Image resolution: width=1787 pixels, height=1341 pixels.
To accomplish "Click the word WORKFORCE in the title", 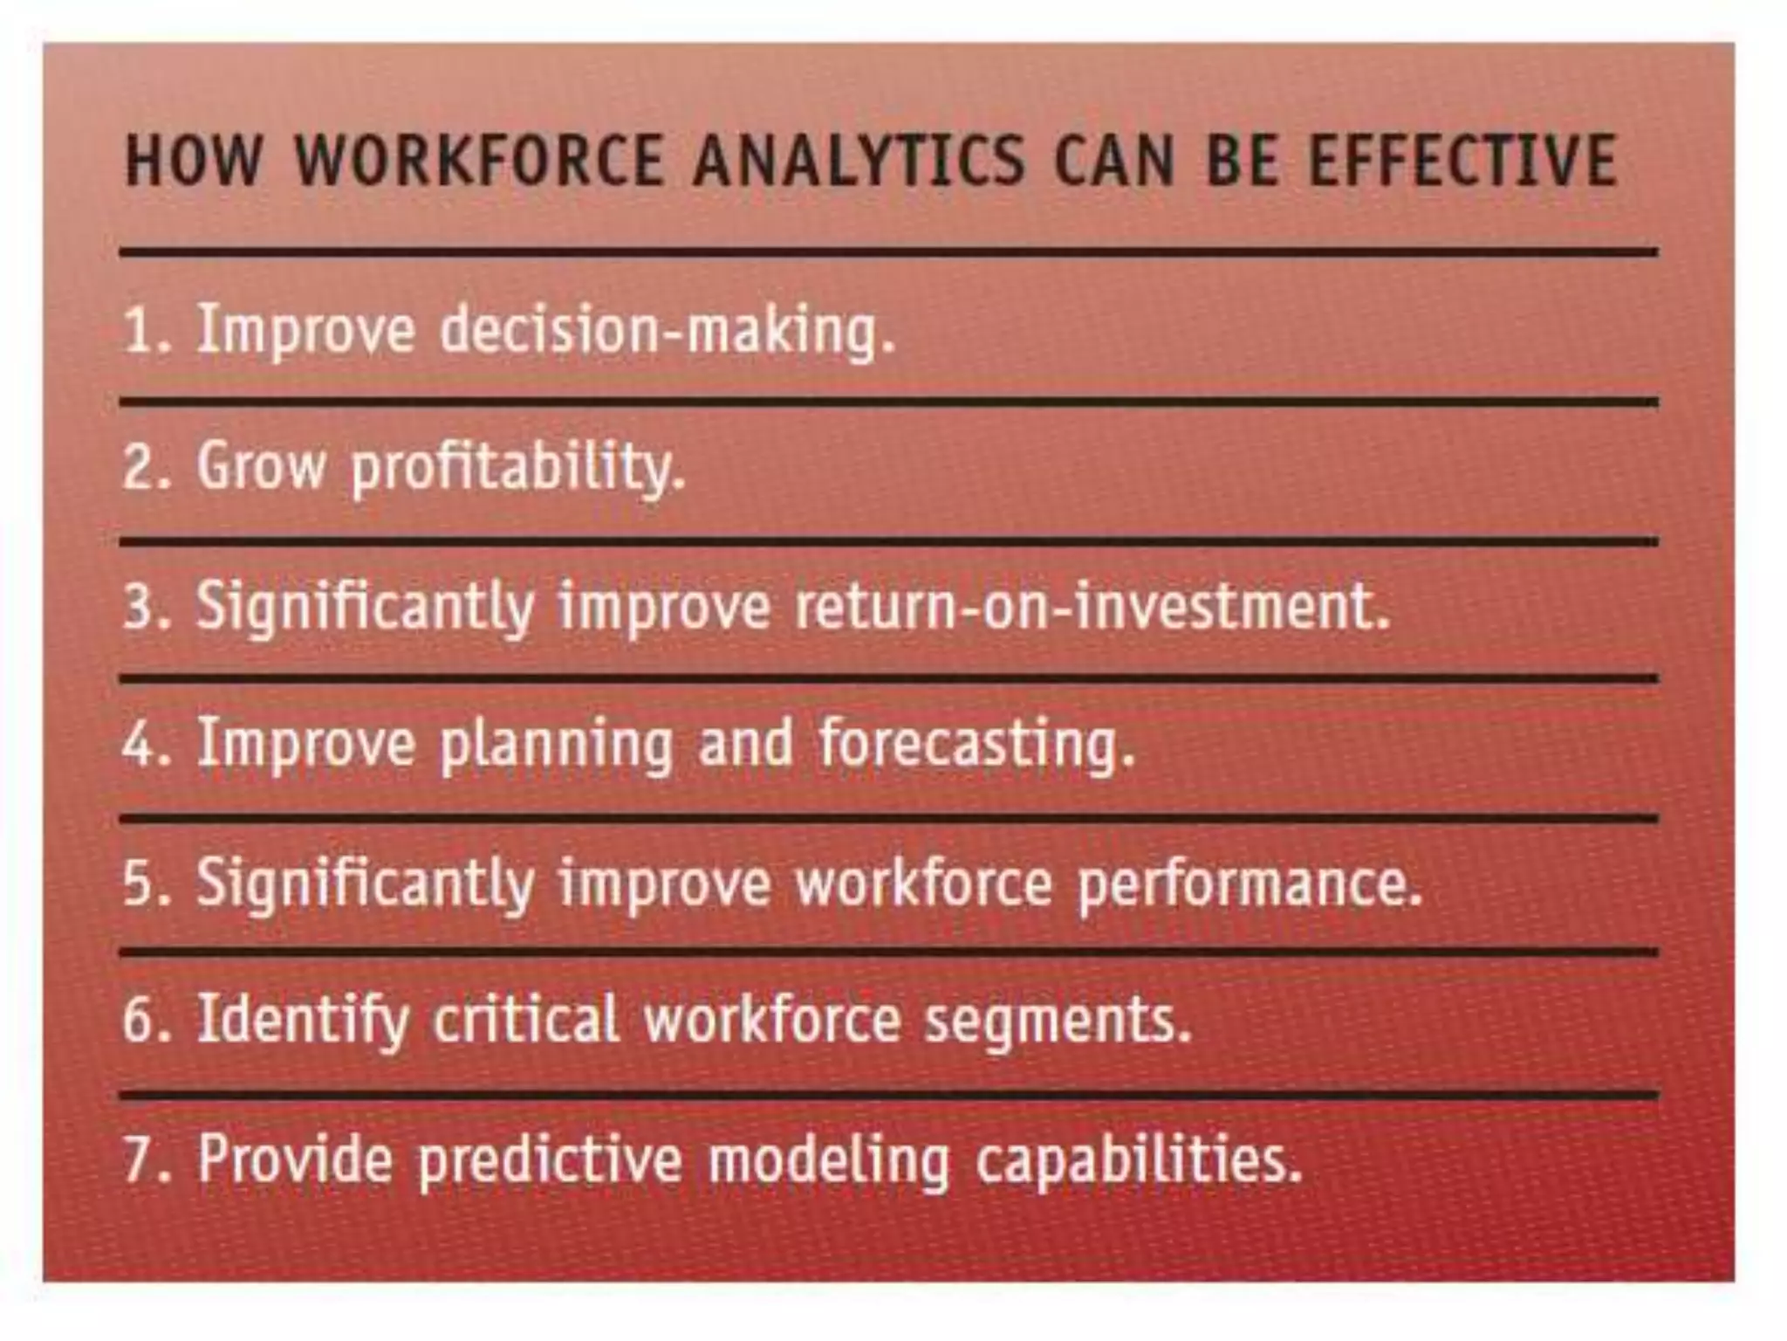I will tap(479, 162).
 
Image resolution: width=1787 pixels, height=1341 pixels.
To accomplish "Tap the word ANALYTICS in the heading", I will tap(859, 162).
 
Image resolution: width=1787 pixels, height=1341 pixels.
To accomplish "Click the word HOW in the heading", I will tap(194, 162).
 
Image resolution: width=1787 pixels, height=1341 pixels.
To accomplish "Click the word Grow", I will tap(261, 467).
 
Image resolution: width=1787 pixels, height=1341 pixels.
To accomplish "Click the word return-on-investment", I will tap(1092, 607).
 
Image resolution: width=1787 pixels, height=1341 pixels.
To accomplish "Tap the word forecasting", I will tap(976, 745).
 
